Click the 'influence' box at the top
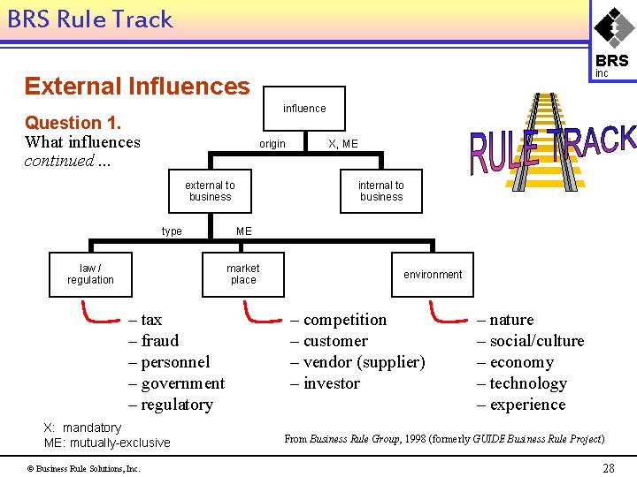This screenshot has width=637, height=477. pos(304,109)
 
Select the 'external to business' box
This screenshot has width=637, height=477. pos(210,192)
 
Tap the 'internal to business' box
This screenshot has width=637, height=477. pos(381,192)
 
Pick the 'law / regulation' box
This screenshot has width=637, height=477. pos(90,274)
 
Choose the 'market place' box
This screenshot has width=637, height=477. pos(242,274)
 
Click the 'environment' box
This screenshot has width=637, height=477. pos(433,275)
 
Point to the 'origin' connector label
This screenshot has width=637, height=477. pos(272,144)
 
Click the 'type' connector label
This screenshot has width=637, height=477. pos(172,231)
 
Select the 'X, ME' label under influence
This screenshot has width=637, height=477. pos(343,144)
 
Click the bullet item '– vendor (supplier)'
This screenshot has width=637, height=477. pos(357,362)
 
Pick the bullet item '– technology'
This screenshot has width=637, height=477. pos(522,383)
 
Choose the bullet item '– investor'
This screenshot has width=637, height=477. pos(325,383)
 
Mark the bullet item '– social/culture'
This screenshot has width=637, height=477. pos(531,341)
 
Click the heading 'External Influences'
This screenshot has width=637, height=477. pos(137,86)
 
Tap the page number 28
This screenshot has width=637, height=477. pos(608,468)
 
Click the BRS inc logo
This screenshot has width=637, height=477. pos(611,40)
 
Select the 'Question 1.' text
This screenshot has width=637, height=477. pos(73,123)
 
